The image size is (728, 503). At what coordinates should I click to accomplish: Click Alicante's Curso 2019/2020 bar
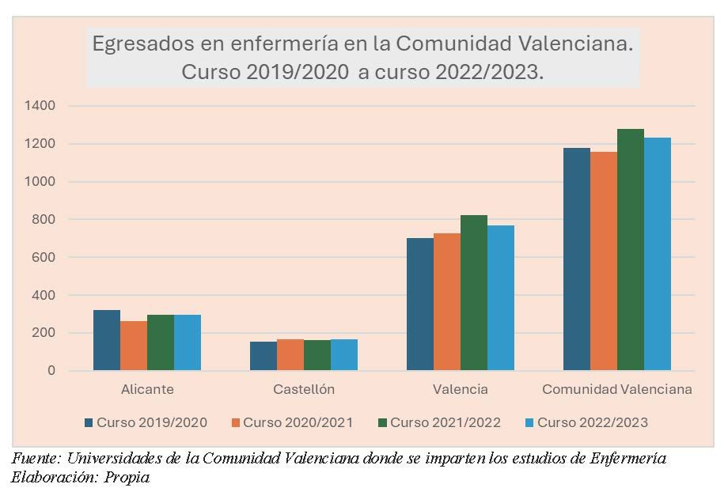(x=107, y=340)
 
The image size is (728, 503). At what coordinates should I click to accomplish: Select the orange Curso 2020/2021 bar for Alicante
(x=134, y=346)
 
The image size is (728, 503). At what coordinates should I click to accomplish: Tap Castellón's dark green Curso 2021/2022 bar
(x=317, y=355)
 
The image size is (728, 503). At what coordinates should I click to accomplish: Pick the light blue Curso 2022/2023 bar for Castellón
(x=344, y=354)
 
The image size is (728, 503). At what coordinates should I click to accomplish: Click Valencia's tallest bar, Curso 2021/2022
(x=474, y=293)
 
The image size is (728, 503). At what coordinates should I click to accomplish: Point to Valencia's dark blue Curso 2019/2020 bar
(x=420, y=304)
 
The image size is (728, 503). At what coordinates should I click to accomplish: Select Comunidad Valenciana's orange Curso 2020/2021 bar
(x=604, y=261)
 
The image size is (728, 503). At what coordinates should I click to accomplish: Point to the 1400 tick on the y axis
(x=40, y=106)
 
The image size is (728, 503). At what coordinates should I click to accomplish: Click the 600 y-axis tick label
(x=44, y=257)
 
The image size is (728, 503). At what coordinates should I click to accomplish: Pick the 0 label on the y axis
(x=51, y=371)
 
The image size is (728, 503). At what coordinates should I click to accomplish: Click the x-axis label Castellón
(x=304, y=389)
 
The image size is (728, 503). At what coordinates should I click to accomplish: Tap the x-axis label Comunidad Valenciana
(x=617, y=389)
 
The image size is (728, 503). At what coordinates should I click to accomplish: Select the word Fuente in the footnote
(x=34, y=459)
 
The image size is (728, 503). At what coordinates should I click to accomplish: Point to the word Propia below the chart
(x=127, y=477)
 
